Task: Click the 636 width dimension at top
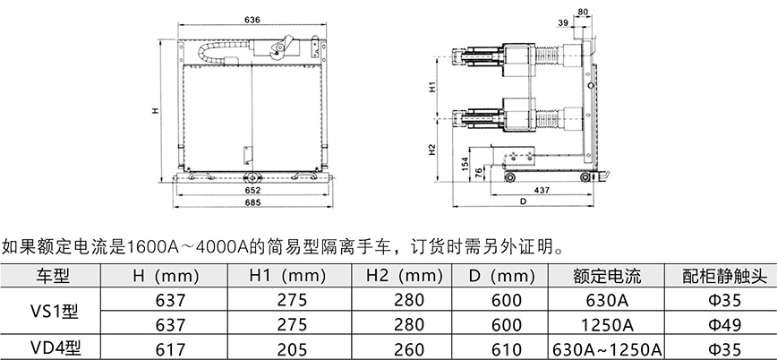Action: pyautogui.click(x=252, y=20)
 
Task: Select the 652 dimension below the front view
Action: pyautogui.click(x=252, y=190)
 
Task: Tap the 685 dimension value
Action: pyautogui.click(x=252, y=201)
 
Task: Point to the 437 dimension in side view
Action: pyautogui.click(x=541, y=190)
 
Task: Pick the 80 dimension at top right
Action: pyautogui.click(x=584, y=12)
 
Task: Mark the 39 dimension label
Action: pyautogui.click(x=563, y=22)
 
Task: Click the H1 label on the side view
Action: pyautogui.click(x=432, y=87)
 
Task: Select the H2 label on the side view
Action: pyautogui.click(x=432, y=150)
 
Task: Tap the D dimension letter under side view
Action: pyautogui.click(x=523, y=201)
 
